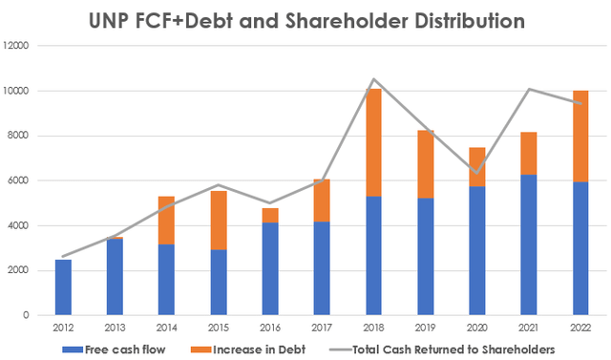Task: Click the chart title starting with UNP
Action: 305,19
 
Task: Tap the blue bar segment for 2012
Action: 63,287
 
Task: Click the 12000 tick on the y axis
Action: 18,46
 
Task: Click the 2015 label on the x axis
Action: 218,328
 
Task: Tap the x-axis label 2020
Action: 475,328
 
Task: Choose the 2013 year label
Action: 115,328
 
